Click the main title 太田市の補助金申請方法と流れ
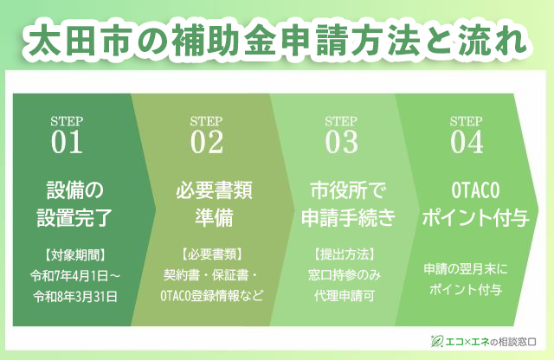[277, 42]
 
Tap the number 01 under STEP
[67, 142]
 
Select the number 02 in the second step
[207, 142]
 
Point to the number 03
[342, 142]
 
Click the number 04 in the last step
[467, 142]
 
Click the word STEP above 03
[341, 121]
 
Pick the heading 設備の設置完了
[75, 203]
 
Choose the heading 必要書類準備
[214, 203]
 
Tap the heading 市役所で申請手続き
[348, 203]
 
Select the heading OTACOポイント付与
[475, 203]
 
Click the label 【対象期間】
[75, 254]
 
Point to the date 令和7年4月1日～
[75, 275]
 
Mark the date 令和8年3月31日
[75, 296]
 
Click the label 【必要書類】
[212, 254]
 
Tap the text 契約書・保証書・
[212, 275]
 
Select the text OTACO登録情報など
[212, 296]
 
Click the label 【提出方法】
[345, 254]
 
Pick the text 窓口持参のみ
[345, 275]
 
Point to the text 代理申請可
[345, 296]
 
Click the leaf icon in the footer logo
[437, 341]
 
